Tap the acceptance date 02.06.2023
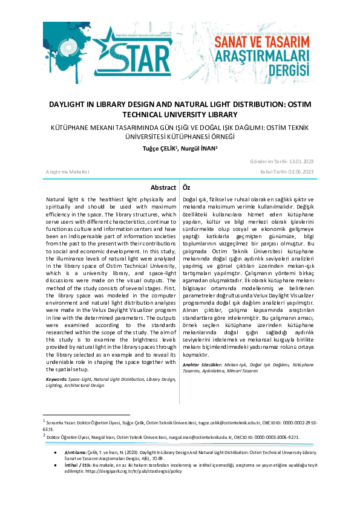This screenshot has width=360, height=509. click(299, 172)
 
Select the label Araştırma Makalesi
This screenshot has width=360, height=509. click(68, 172)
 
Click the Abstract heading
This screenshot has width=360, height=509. click(163, 188)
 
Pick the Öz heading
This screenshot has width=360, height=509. click(187, 188)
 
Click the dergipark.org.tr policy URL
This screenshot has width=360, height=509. click(135, 469)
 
